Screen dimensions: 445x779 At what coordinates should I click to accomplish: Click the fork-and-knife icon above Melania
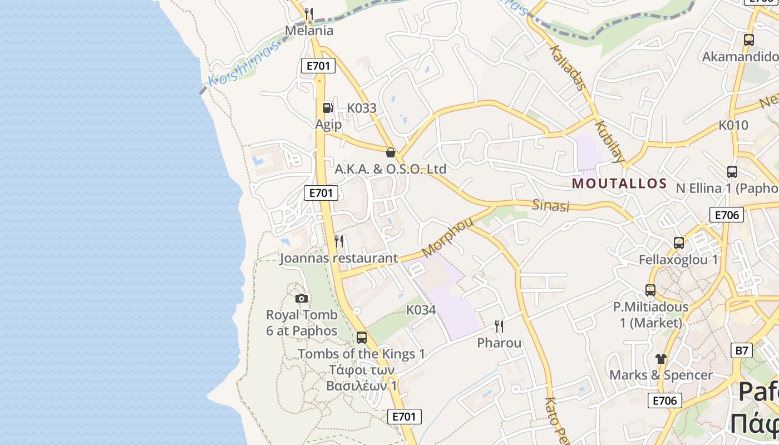tap(309, 14)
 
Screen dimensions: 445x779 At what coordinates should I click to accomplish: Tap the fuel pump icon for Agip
tap(328, 107)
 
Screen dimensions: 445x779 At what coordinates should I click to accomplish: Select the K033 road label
tap(362, 108)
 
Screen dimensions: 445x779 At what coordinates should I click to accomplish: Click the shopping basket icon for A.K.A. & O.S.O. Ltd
tap(391, 152)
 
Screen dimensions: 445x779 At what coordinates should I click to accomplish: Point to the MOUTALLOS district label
tap(619, 183)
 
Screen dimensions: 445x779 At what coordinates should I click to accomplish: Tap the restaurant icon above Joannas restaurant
tap(339, 241)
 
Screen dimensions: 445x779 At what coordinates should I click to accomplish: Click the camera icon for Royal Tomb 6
tap(302, 298)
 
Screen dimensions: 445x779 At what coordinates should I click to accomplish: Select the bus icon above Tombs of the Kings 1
tap(362, 337)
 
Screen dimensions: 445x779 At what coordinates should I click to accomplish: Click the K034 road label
tap(421, 310)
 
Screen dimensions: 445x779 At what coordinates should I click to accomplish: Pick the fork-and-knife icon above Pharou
tap(499, 326)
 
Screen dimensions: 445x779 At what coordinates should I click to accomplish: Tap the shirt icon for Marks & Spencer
tap(660, 358)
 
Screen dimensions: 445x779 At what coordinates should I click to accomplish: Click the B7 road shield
tap(741, 350)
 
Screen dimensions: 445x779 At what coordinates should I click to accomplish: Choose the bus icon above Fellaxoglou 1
tap(679, 243)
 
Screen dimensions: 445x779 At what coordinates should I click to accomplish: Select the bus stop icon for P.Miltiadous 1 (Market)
tap(650, 290)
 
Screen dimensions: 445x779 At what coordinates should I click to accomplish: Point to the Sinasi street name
tap(551, 205)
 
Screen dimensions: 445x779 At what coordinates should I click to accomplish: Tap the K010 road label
tap(733, 125)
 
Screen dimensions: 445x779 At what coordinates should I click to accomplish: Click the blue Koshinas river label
tap(243, 66)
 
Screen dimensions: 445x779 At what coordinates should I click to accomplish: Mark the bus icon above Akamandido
tap(749, 40)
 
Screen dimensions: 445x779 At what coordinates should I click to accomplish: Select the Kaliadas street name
tap(568, 67)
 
